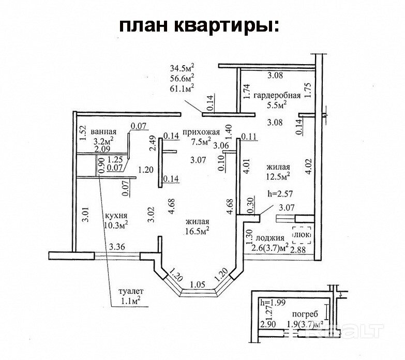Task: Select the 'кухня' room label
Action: coord(116,215)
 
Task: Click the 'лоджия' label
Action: coord(270,238)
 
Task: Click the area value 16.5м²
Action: coord(197,231)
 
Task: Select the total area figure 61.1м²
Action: coord(182,88)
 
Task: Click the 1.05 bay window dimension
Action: coord(197,284)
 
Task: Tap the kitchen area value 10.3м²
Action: coord(117,224)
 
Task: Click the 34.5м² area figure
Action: coord(182,68)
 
